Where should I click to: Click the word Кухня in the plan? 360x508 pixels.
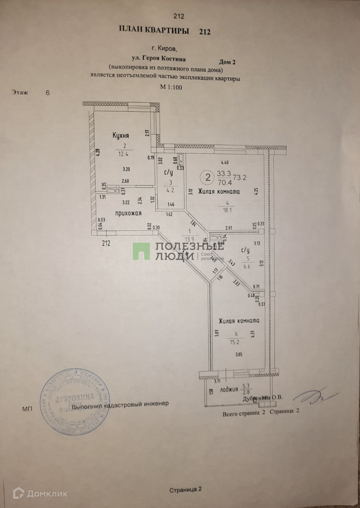[120, 136]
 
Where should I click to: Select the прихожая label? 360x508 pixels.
[128, 214]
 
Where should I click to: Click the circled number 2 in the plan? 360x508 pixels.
[208, 177]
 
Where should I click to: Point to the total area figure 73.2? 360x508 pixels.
[240, 178]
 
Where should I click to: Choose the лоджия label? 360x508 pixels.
[229, 389]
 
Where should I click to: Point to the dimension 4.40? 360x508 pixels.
[225, 163]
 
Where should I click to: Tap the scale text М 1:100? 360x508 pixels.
[171, 87]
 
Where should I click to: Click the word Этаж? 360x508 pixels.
[20, 93]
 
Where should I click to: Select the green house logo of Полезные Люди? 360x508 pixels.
[141, 251]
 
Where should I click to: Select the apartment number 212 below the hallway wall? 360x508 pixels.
[106, 243]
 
